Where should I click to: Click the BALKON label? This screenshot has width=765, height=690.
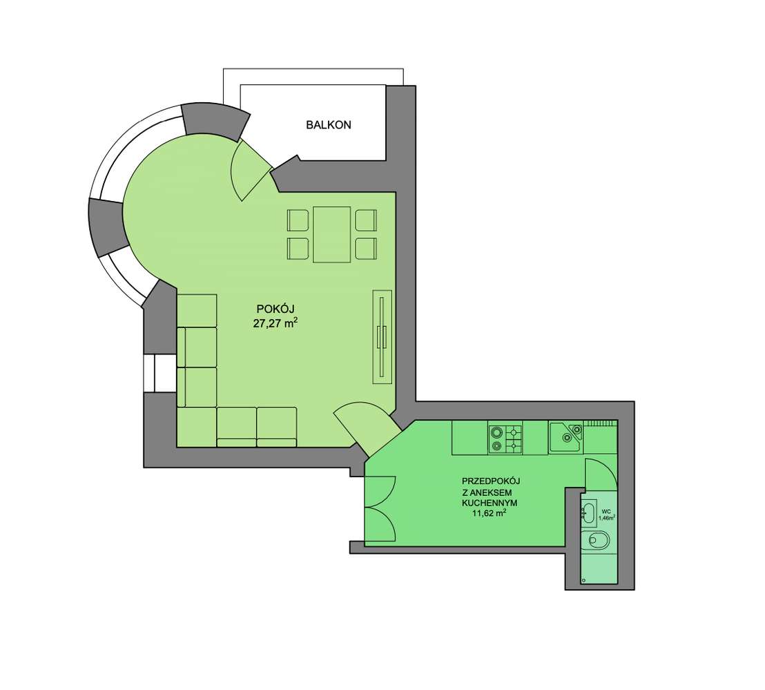329,125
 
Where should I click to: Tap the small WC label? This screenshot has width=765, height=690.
606,512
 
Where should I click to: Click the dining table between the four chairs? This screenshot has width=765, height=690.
332,234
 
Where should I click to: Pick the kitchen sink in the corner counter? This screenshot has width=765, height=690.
567,434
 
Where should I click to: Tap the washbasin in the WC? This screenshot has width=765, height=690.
588,512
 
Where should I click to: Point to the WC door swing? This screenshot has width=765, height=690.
598,475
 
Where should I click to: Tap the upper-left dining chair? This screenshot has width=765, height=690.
299,220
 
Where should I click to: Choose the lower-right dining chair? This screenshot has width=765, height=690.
365,247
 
